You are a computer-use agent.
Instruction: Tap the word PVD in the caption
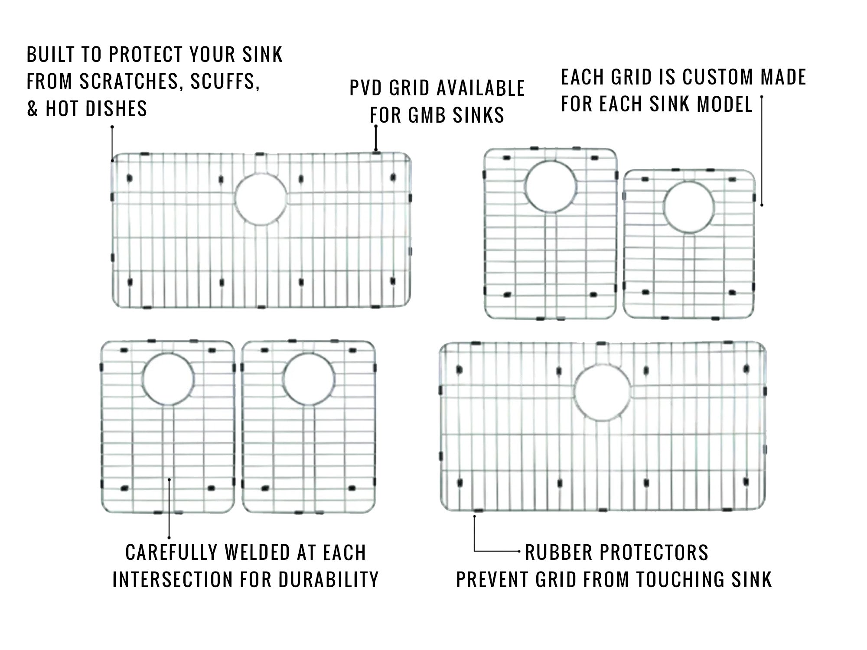(365, 88)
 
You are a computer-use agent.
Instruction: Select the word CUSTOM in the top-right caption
(718, 78)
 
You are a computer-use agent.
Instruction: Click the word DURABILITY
(329, 580)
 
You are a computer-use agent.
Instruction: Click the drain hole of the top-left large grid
(261, 199)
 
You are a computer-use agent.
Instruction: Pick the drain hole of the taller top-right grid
(551, 186)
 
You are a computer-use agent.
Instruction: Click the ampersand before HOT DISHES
(33, 109)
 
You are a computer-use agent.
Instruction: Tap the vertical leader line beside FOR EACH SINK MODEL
(762, 152)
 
